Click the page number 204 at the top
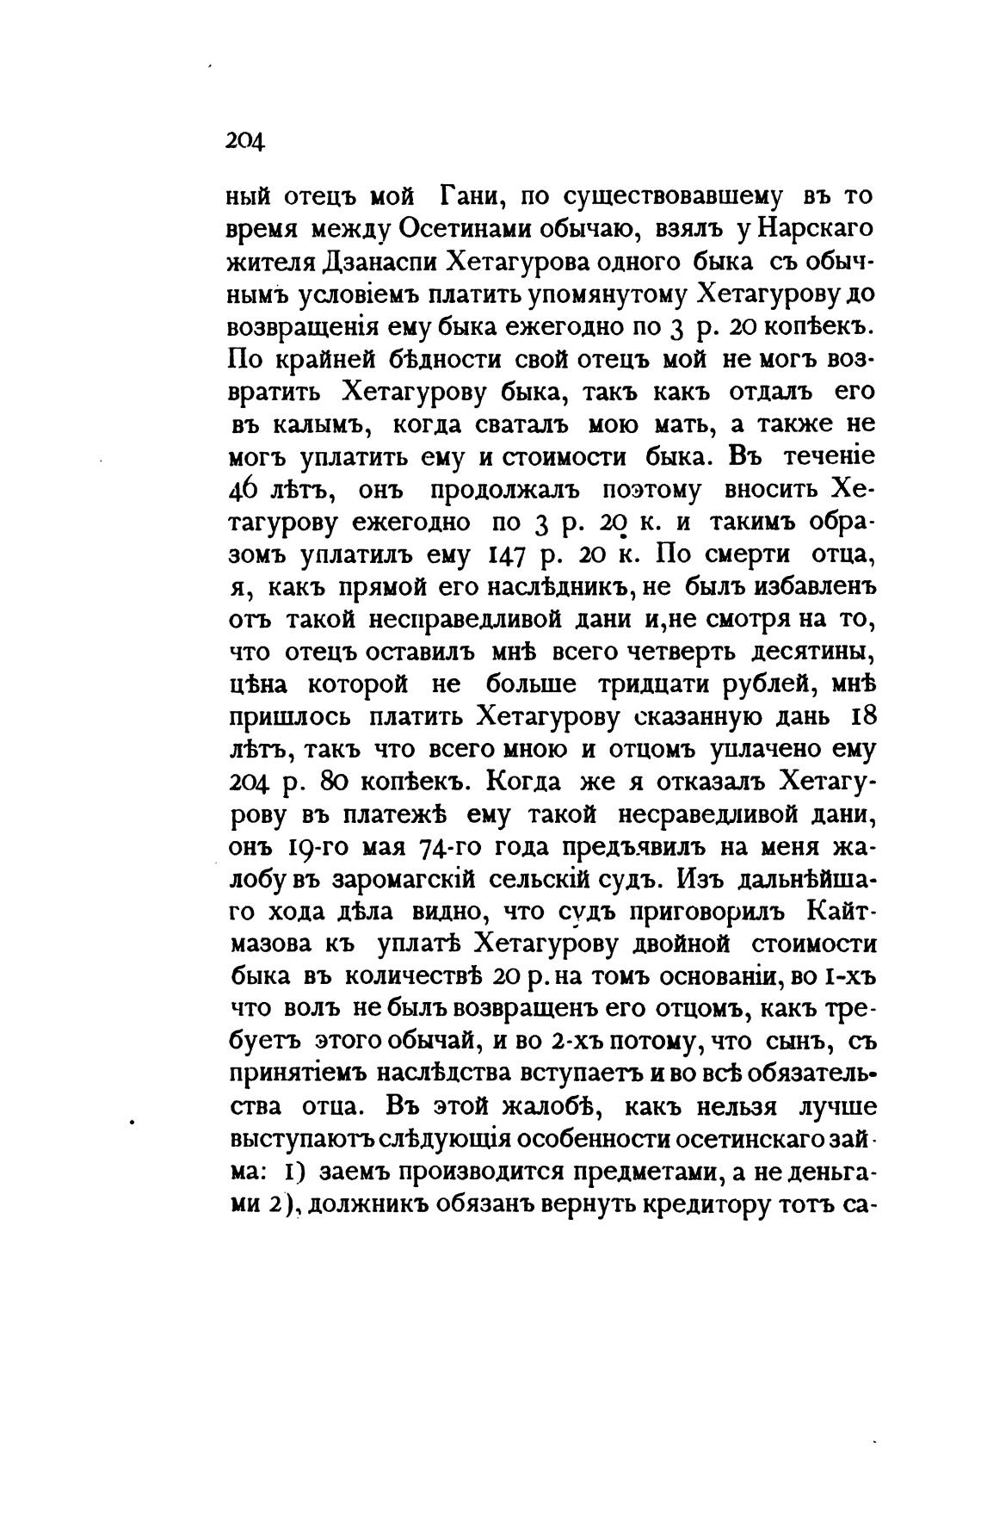[x=245, y=139]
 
